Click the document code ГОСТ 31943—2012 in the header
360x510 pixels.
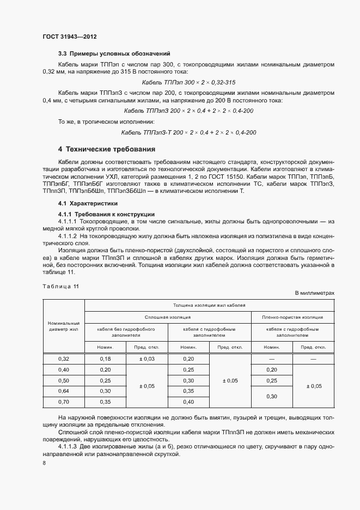70,37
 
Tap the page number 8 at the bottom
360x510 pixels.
44,463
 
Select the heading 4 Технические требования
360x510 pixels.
107,149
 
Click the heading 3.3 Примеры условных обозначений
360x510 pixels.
114,53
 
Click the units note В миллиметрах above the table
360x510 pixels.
314,293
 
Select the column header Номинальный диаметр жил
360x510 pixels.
64,326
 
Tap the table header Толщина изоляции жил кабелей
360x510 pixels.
210,306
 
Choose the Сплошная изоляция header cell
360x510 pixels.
167,317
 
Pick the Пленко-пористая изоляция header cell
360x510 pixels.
292,317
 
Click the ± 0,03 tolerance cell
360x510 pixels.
147,359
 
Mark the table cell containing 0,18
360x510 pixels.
105,359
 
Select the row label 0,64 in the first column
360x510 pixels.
64,391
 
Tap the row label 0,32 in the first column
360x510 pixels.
64,359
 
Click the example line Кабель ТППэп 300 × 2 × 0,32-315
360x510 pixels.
188,82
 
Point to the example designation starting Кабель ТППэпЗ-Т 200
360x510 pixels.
188,132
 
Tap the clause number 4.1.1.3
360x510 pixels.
68,446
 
